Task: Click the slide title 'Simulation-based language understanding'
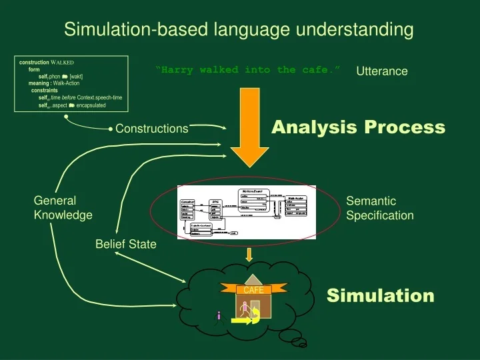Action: (x=239, y=30)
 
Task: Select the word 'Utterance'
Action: (x=382, y=71)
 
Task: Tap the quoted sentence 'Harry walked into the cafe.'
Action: (x=248, y=70)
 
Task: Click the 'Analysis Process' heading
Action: (x=358, y=127)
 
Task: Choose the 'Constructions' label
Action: (x=152, y=129)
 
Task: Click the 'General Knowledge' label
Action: (x=63, y=208)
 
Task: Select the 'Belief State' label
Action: (x=126, y=244)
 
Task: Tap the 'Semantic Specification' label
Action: (x=380, y=208)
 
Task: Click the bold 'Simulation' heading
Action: (x=380, y=295)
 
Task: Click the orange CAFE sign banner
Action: (x=253, y=290)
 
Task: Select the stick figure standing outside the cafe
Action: (x=218, y=315)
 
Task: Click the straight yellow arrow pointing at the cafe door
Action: (x=241, y=321)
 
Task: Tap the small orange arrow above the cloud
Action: (x=249, y=254)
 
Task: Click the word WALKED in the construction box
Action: (x=61, y=62)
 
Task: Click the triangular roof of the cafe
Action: (x=253, y=279)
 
